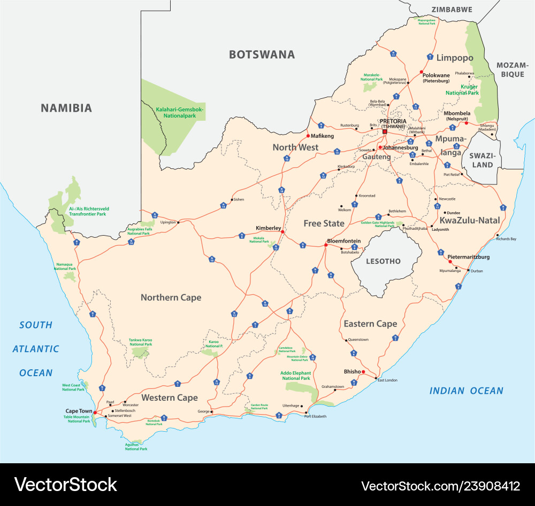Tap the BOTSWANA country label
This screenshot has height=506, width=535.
click(x=262, y=54)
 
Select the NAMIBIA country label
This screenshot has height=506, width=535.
click(x=66, y=108)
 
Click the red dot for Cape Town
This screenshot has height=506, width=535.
click(x=95, y=412)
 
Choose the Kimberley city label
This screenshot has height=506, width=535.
click(x=268, y=228)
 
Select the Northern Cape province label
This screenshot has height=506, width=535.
click(x=171, y=297)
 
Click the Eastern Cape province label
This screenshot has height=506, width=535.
click(x=370, y=324)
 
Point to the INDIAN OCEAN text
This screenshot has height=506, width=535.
click(x=466, y=391)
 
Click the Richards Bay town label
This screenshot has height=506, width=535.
click(x=506, y=239)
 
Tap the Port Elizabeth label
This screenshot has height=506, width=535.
click(x=315, y=416)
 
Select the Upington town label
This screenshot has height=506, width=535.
click(x=168, y=222)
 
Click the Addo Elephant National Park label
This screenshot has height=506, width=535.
click(x=295, y=375)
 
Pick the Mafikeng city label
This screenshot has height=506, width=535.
click(x=322, y=136)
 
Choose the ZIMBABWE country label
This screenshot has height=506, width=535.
click(x=452, y=9)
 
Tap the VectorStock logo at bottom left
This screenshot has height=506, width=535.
click(x=65, y=485)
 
